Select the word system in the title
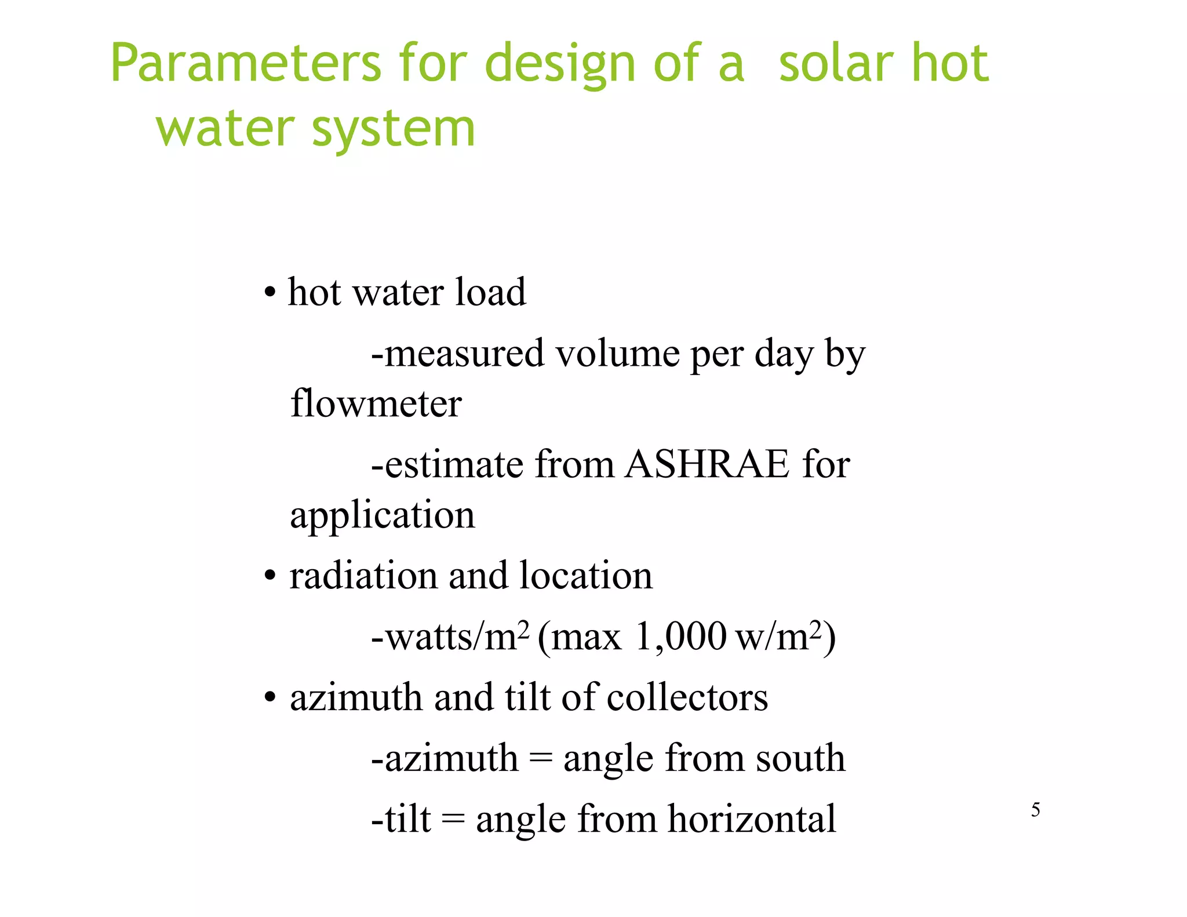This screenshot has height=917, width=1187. click(x=394, y=129)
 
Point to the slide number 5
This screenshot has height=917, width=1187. click(x=1035, y=810)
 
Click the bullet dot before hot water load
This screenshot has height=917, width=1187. click(x=269, y=293)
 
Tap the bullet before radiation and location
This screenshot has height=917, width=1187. click(x=269, y=577)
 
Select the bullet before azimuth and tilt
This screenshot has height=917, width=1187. click(x=269, y=698)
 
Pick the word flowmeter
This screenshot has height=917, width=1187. click(x=376, y=403)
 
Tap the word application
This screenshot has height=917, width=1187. click(x=382, y=515)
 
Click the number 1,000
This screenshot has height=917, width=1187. click(x=680, y=636)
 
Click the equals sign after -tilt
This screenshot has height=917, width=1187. click(x=453, y=819)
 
